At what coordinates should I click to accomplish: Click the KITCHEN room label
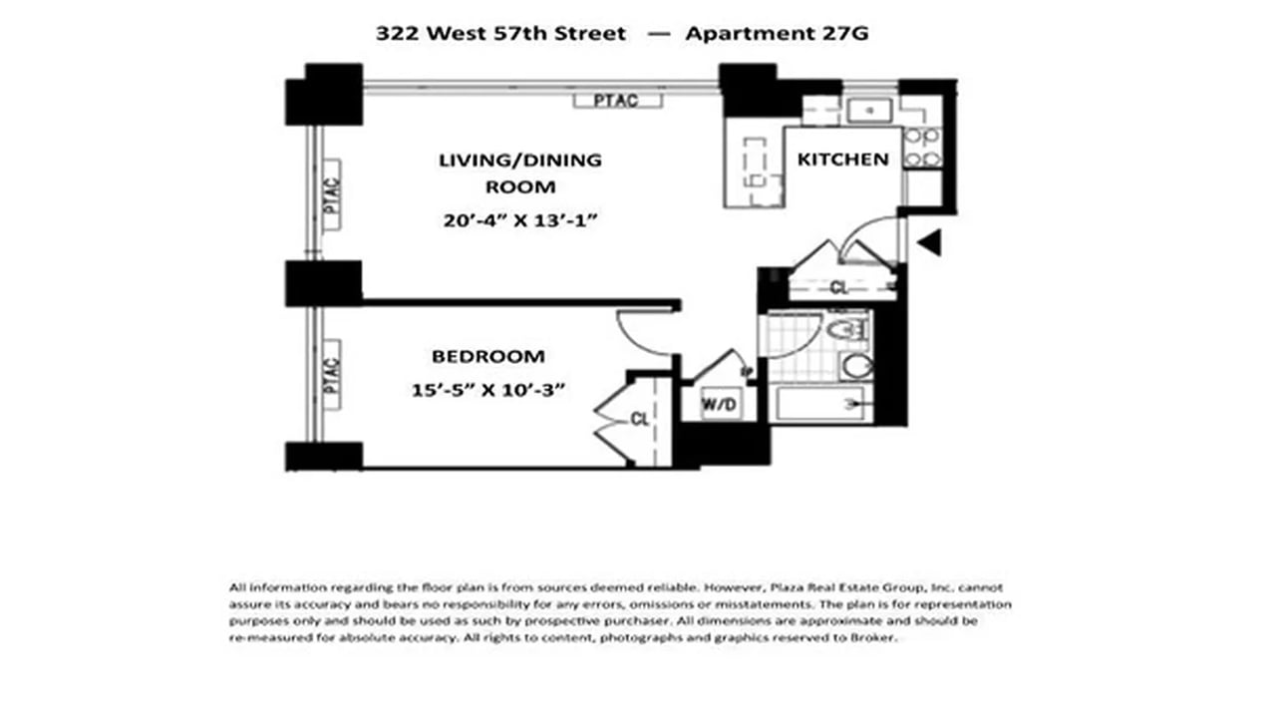842,160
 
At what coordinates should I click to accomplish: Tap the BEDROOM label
487,356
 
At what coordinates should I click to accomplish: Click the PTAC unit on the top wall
618,100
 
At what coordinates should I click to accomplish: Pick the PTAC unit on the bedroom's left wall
332,374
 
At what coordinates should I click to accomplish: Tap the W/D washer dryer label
721,404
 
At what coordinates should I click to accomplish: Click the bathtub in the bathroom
822,404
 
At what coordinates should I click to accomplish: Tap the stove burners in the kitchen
922,147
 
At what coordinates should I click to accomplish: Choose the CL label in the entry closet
840,288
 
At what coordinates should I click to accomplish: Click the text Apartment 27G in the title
777,33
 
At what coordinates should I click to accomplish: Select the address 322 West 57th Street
500,33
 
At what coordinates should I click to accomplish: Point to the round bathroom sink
856,365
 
